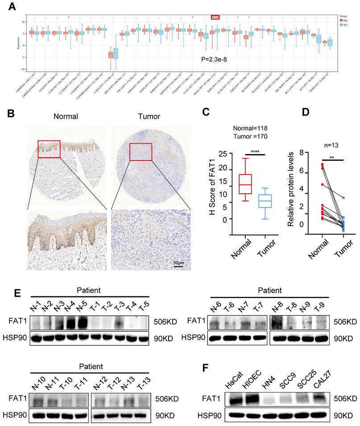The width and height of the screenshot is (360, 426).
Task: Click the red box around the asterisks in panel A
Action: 215,17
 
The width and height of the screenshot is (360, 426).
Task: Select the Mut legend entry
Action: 346,20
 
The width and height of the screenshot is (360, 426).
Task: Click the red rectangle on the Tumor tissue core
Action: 141,152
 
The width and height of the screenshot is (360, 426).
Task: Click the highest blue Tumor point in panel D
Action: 343,198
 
